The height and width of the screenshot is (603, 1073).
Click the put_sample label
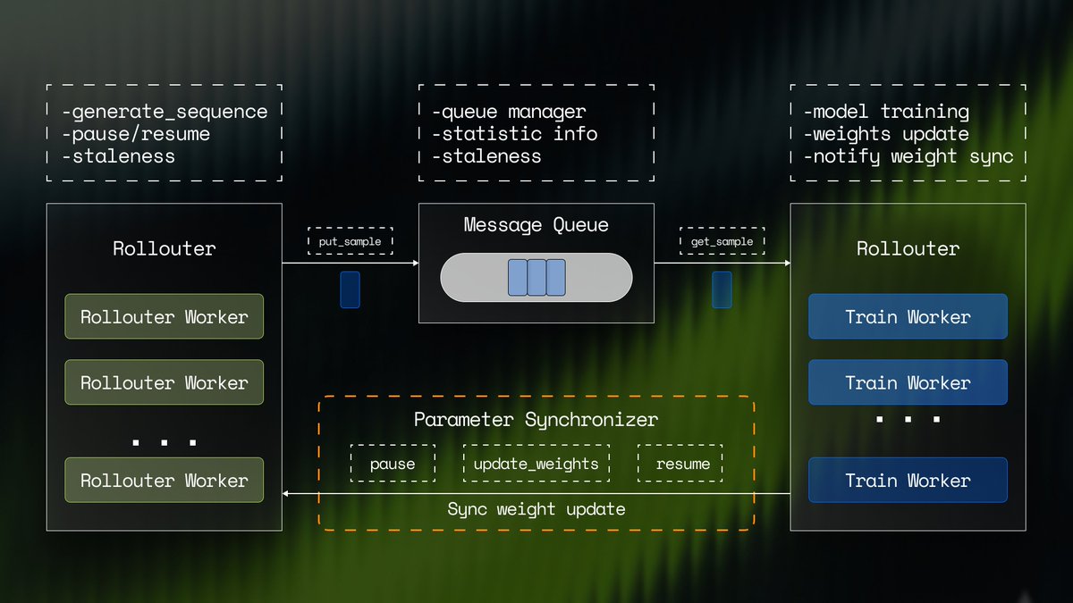click(x=350, y=241)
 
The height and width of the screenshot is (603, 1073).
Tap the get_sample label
click(x=722, y=241)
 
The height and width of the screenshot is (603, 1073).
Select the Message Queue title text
click(x=536, y=225)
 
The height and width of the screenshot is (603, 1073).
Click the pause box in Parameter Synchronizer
click(x=393, y=464)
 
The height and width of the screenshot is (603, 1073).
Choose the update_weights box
click(x=536, y=464)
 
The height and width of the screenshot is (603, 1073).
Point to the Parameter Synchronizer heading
click(x=536, y=420)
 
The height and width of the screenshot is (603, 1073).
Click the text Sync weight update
click(x=536, y=509)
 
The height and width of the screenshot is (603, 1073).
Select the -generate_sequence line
click(x=165, y=112)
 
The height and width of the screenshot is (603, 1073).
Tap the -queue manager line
click(x=508, y=112)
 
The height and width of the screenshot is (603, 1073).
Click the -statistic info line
click(x=513, y=134)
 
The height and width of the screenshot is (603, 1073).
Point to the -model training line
click(x=885, y=112)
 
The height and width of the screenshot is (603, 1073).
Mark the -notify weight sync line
click(x=908, y=156)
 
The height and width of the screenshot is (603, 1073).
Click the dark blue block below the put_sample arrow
click(x=350, y=290)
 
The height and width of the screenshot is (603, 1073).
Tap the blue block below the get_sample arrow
click(x=722, y=290)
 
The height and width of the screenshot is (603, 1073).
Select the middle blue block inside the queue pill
click(x=536, y=277)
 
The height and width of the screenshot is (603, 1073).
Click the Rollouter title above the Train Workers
click(x=908, y=248)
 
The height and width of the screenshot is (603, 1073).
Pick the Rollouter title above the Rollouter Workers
click(x=164, y=248)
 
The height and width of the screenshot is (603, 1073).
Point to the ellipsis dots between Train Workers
click(x=908, y=419)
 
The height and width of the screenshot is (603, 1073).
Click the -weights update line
click(x=885, y=134)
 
